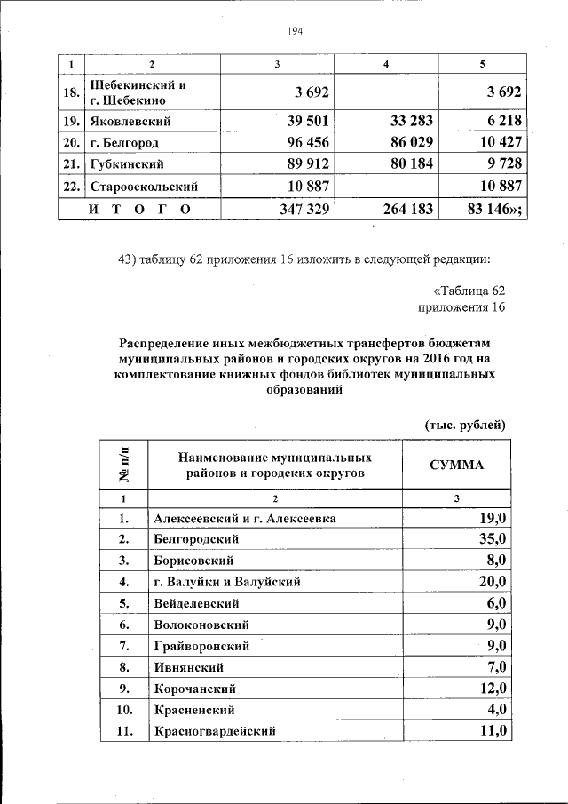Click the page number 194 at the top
pyautogui.click(x=296, y=31)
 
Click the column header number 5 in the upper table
pyautogui.click(x=482, y=65)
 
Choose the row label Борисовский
pyautogui.click(x=193, y=561)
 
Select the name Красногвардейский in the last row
pyautogui.click(x=214, y=731)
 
